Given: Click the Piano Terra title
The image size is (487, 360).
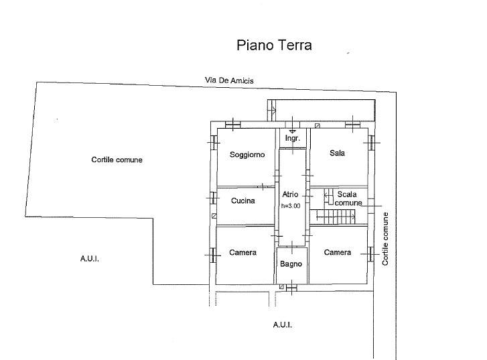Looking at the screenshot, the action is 274,45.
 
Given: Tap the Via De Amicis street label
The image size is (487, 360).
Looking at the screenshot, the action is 229,80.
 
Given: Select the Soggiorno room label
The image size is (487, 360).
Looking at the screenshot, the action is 247,154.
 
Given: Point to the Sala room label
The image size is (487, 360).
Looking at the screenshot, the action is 337,153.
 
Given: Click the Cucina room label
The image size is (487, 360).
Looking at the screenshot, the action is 243,201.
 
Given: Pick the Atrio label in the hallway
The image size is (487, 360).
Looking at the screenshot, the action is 290,194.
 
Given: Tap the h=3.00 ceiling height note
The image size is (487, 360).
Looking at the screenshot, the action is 291,206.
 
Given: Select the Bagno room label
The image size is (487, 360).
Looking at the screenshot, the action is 291,264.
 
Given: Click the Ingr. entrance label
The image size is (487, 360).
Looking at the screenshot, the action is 293,139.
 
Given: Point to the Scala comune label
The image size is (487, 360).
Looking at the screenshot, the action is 348,198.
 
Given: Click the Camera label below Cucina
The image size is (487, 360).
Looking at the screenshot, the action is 242,253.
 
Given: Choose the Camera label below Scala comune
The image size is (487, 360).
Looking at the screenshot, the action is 338,252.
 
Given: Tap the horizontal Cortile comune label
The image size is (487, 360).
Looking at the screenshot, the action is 117,160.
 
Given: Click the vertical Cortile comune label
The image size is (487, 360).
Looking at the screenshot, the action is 385,239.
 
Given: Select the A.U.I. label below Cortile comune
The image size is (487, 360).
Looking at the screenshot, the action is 90,259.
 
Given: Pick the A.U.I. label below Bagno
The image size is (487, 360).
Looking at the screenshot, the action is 282,325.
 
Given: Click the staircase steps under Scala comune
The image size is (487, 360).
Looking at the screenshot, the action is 336,217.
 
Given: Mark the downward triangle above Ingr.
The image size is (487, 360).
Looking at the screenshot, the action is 292,131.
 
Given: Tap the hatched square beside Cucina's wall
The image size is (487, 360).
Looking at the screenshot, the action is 214,216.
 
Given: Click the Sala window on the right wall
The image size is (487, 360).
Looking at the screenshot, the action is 371,143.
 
